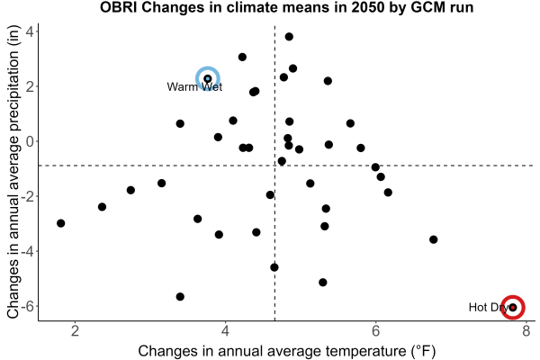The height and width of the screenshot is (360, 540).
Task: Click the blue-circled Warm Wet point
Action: pos(208,79)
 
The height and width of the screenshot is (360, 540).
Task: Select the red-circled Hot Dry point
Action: pos(513,307)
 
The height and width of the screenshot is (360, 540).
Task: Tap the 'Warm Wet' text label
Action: pos(194,86)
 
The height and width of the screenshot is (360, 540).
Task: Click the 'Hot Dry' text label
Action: pos(489,307)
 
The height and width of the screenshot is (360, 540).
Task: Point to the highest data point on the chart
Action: pos(289,37)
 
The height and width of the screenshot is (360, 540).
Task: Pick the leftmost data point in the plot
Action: pos(61,223)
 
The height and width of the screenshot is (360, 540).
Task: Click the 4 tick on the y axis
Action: pos(30,31)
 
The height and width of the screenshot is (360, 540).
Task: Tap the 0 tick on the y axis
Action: pos(30,141)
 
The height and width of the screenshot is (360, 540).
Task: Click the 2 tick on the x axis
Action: pos(75,331)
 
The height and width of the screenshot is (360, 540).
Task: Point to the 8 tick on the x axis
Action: pos(526,331)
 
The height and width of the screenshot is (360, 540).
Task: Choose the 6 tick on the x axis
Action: pos(375,331)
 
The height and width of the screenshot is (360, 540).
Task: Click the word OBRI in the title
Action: pos(119,7)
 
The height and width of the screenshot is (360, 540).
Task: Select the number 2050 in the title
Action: pos(367,7)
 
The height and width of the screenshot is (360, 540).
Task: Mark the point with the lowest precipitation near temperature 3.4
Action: pos(180,297)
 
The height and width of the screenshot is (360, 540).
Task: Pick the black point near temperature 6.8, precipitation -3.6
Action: pos(434,239)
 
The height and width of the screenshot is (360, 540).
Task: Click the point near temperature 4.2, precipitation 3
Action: pos(242,58)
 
